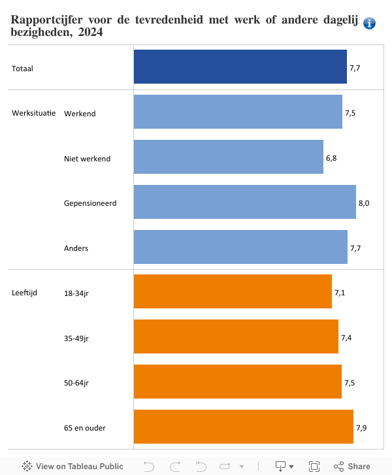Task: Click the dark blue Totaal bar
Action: tap(240, 67)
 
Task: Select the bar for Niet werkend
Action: tap(228, 157)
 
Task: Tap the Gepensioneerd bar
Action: tap(244, 202)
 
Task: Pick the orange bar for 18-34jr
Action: tap(233, 291)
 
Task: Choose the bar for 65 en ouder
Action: tap(243, 427)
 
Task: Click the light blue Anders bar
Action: tap(240, 247)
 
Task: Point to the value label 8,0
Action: tap(364, 203)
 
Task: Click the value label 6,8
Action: tap(331, 158)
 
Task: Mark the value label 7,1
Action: tap(340, 293)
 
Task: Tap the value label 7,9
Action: tap(361, 428)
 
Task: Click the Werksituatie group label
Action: tap(33, 113)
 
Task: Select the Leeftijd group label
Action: tap(25, 293)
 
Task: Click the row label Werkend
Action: tap(80, 114)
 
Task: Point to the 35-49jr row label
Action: tap(76, 338)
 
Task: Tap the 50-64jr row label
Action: tap(76, 383)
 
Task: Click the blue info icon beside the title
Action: tap(369, 24)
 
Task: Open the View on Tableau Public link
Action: tap(73, 467)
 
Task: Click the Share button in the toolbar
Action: tap(352, 467)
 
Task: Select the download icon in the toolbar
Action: tap(281, 467)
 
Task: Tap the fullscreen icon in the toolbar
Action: tap(314, 467)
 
